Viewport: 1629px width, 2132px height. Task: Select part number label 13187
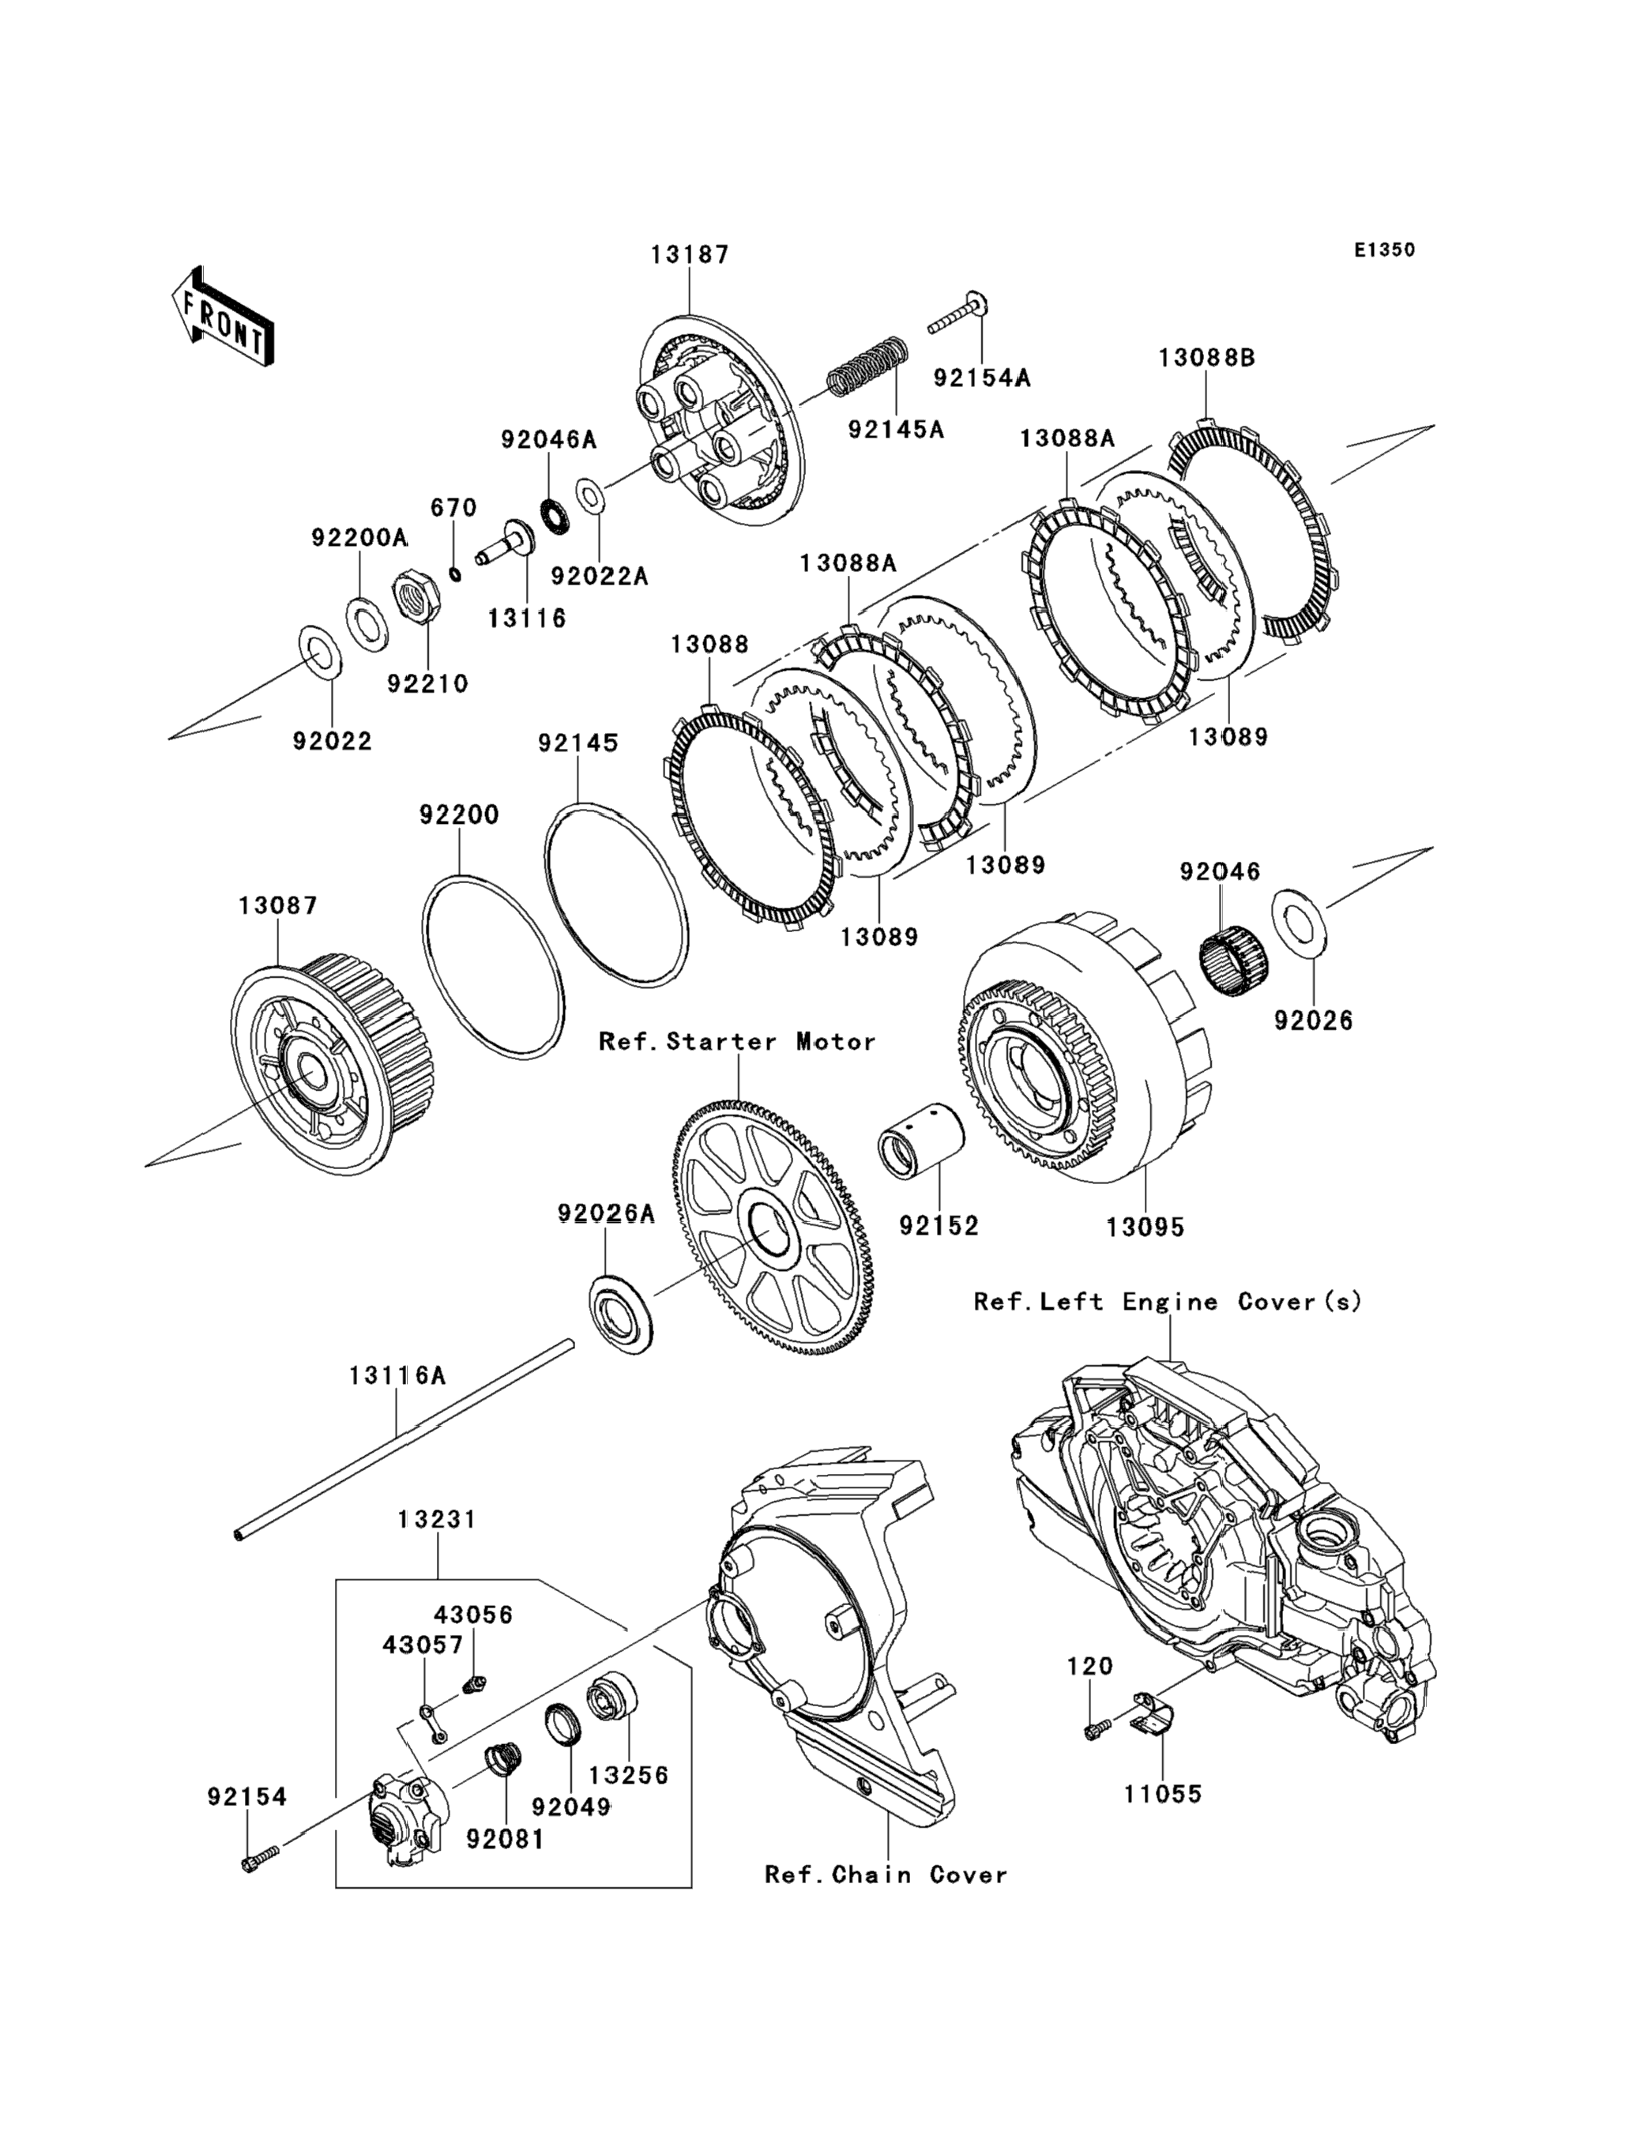tap(690, 254)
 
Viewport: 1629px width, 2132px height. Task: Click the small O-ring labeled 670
tap(455, 574)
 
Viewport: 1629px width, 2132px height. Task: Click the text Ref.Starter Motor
tap(737, 1041)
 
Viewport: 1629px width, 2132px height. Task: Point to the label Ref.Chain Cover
tap(886, 1875)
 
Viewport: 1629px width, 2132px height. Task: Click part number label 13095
tap(1146, 1227)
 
